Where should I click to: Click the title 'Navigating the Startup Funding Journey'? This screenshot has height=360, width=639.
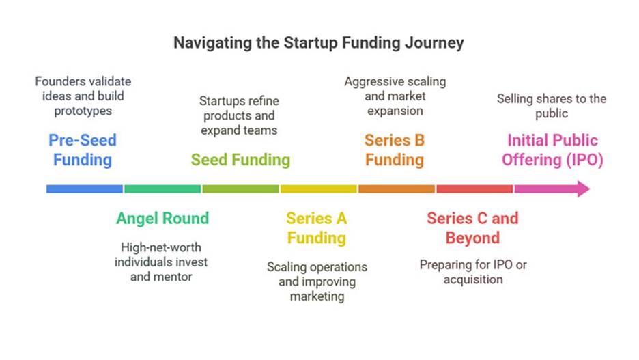[319, 43]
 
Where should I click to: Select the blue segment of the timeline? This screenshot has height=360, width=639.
[85, 189]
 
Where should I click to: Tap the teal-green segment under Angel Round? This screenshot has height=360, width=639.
[162, 189]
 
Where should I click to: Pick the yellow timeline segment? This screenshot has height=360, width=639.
[319, 189]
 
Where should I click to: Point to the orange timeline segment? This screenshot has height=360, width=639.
[397, 189]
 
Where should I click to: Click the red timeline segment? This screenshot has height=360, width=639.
[474, 189]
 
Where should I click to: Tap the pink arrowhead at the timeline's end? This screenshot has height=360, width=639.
[584, 189]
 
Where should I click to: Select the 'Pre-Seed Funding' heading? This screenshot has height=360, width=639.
[83, 150]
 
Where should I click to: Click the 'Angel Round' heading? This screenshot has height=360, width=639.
[162, 219]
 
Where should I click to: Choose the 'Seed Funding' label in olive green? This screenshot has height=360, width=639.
[240, 160]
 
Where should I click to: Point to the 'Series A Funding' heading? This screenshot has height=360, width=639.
[317, 228]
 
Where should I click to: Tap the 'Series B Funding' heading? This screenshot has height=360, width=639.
[395, 150]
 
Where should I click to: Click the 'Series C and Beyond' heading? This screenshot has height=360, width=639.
[472, 228]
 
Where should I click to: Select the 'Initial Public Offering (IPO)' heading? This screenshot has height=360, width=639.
[552, 150]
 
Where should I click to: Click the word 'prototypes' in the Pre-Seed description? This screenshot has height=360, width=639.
[83, 111]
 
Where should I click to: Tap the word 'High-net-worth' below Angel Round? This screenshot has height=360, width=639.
[161, 247]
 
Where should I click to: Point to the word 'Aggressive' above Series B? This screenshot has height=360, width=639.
[369, 82]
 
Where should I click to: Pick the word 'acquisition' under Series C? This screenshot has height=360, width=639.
[473, 280]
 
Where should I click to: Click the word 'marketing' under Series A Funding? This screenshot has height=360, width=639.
[317, 296]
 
